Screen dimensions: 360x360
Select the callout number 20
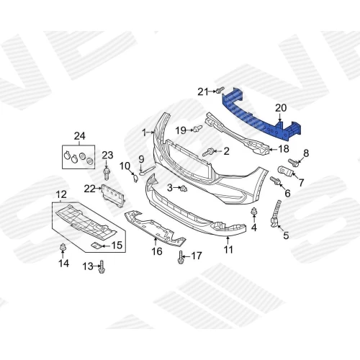coord(281,108)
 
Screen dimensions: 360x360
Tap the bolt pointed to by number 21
coord(220,90)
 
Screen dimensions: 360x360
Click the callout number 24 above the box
coord(79,136)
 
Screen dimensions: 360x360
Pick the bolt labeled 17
coord(181,257)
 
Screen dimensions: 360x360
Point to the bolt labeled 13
coord(102,267)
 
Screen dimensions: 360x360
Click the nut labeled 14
coord(63,246)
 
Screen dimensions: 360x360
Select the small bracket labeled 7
coord(285,171)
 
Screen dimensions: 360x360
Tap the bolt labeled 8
coord(294,163)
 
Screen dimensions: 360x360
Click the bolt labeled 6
coord(275,181)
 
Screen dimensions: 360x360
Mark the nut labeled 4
coord(253,212)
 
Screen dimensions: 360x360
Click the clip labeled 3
coord(184,189)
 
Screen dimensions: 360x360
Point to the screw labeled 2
coord(208,152)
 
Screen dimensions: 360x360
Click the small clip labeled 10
coord(135,178)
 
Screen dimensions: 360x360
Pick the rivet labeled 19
coord(197,129)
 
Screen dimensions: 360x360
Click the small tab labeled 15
coord(96,245)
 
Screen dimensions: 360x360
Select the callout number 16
coord(157,251)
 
